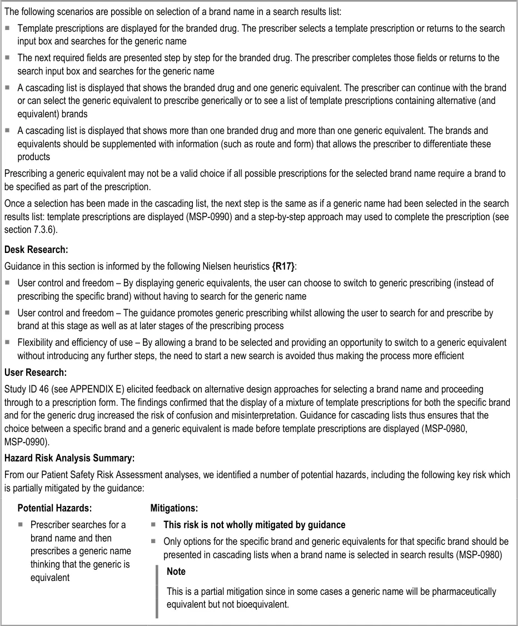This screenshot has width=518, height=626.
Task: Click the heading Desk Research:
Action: click(36, 250)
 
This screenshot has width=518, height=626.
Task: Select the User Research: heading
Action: click(36, 372)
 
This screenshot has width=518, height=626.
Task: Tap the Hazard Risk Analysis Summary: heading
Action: click(69, 459)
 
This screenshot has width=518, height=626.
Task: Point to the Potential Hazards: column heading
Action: click(55, 508)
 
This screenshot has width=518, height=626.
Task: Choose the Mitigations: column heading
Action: click(174, 508)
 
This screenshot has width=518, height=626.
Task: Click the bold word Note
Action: click(176, 572)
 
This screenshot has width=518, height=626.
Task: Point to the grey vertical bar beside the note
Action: click(158, 591)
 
